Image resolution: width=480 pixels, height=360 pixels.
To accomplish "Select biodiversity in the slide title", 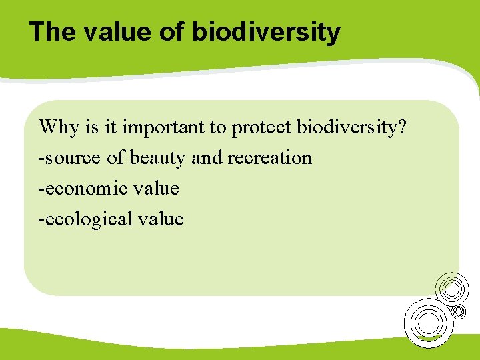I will coord(267,31).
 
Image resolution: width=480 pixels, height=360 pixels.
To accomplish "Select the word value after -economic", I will coord(155,189).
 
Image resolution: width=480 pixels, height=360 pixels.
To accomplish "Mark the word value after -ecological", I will coord(160,219).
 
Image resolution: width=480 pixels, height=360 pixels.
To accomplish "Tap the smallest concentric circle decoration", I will coord(459,311).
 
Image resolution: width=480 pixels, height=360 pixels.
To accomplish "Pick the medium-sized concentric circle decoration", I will coord(451,288).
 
